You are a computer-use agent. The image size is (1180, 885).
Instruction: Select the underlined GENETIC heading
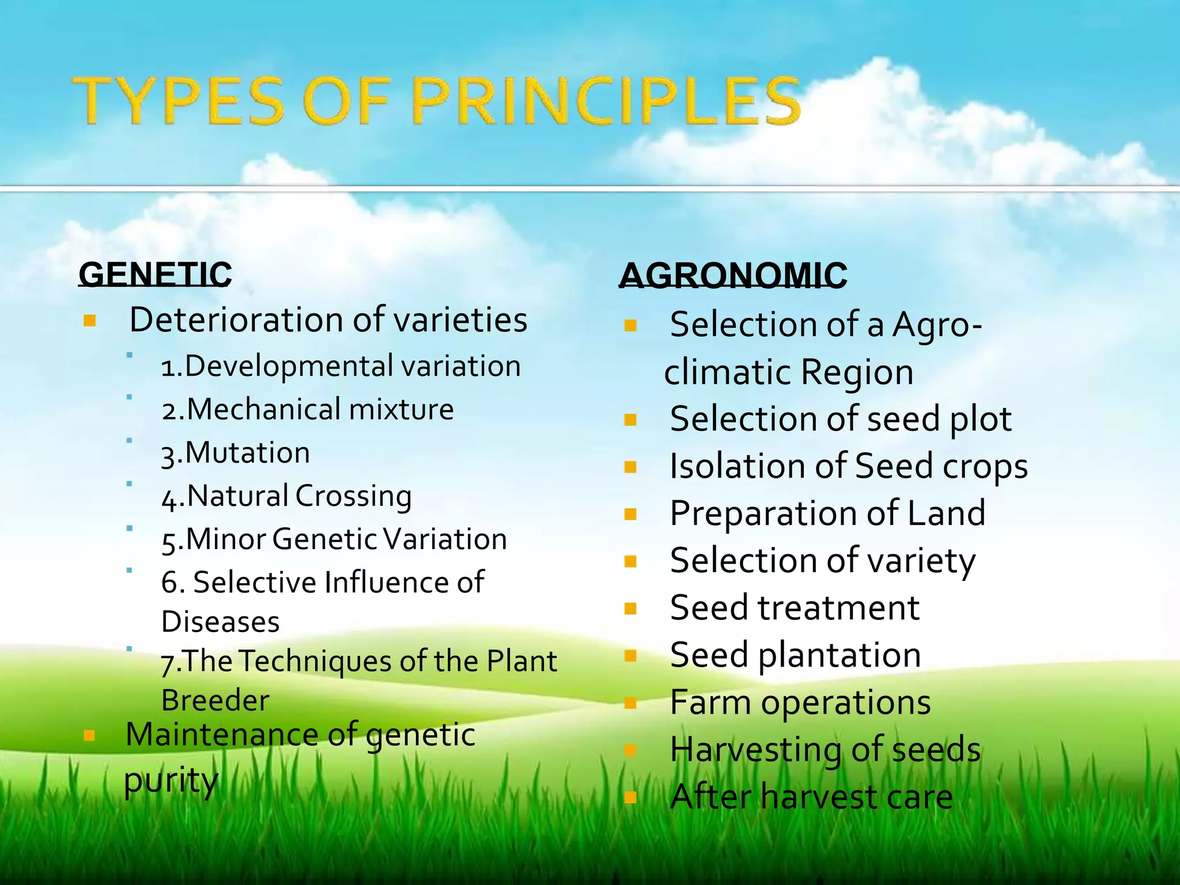155,274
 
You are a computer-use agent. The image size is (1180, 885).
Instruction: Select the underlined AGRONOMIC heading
733,275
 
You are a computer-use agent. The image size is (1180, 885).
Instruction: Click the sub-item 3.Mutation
236,453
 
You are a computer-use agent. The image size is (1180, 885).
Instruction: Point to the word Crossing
354,496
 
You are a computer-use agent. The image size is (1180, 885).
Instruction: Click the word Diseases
220,622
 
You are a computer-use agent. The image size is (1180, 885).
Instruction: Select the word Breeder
215,701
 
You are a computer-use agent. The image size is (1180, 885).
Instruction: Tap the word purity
171,781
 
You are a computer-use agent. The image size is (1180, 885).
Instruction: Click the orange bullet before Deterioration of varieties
89,320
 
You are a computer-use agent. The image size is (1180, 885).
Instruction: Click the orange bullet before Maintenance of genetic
89,735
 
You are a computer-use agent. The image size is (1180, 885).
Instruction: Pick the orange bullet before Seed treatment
630,608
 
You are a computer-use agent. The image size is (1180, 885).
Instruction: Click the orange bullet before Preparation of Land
630,514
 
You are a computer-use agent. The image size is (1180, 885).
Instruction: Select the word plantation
839,656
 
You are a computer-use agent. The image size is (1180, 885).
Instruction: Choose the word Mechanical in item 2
263,410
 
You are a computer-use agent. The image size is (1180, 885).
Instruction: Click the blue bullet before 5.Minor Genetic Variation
130,528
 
